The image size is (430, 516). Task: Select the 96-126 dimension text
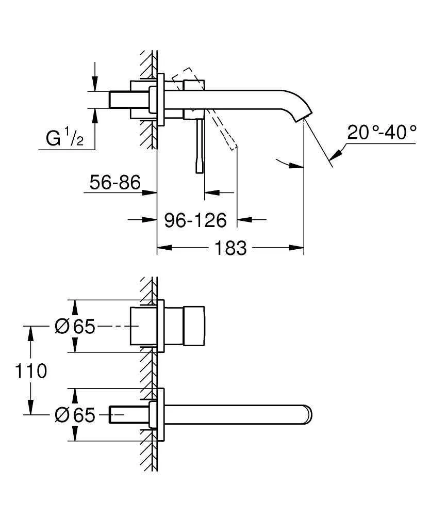(x=195, y=220)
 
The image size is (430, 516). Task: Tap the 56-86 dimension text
(x=115, y=182)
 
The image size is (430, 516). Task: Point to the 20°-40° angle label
(x=382, y=133)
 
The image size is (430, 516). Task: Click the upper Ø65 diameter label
(x=75, y=327)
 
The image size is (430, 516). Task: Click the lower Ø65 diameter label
(x=75, y=414)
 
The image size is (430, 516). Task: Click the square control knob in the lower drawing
(x=194, y=327)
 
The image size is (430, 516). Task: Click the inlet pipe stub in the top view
(x=120, y=100)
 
